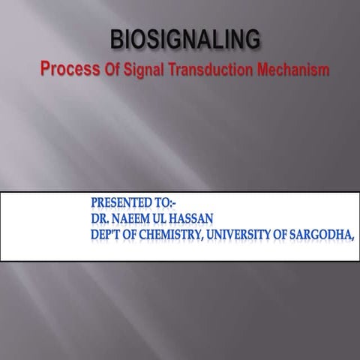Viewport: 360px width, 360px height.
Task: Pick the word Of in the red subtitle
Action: point(112,70)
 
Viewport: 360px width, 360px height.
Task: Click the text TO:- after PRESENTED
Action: point(181,202)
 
